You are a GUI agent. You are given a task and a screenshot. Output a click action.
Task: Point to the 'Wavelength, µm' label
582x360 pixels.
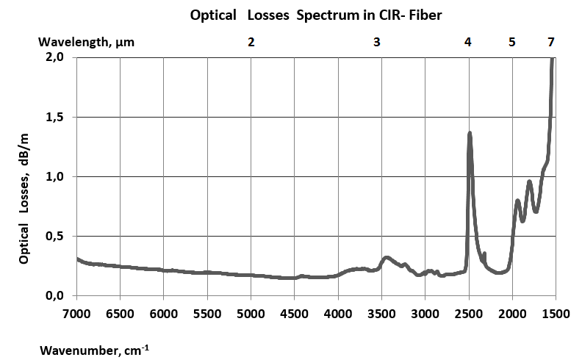87,42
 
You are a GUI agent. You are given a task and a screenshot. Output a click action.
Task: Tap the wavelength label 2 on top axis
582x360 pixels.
251,42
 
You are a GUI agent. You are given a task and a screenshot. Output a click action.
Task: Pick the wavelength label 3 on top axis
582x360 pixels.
377,42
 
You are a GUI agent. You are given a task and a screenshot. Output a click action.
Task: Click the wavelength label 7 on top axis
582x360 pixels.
551,42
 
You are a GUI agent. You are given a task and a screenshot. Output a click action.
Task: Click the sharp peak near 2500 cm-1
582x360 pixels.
470,134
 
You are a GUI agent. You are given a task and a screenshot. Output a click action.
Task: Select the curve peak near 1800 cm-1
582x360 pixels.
529,181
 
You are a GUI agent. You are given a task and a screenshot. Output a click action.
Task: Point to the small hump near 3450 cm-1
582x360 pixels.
387,257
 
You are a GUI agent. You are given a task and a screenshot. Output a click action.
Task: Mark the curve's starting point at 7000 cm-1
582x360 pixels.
77,259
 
